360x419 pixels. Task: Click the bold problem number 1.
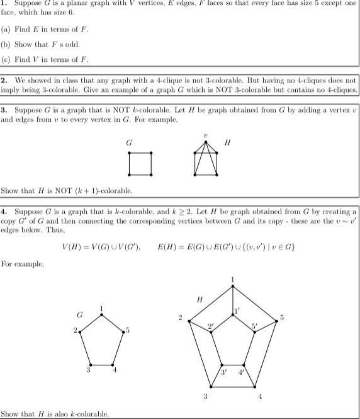coord(4,4)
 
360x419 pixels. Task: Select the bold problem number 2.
coord(4,81)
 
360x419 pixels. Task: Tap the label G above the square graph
coord(129,143)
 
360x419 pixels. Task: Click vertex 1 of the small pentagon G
coord(102,315)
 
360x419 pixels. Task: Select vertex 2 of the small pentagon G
coord(79,331)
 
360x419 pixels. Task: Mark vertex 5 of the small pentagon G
coord(123,331)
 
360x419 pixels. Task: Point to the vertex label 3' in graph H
coord(223,372)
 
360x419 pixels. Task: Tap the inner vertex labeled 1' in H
coord(233,315)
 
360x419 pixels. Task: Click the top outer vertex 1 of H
coord(233,287)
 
